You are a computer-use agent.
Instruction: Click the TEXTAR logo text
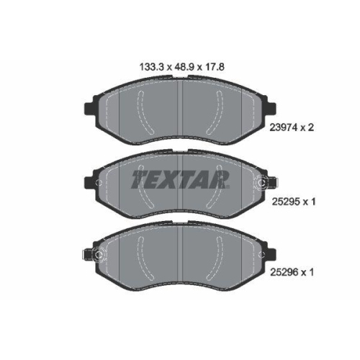179,179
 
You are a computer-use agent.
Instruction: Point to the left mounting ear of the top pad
91,110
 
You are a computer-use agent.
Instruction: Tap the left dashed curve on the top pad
144,115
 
